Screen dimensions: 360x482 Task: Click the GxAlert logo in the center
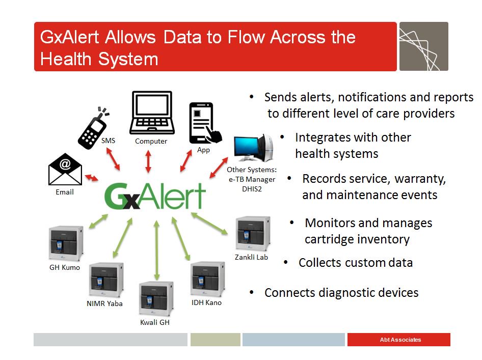tap(155, 196)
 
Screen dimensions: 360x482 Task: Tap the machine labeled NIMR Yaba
tap(105, 281)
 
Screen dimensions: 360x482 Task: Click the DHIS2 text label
tap(251, 188)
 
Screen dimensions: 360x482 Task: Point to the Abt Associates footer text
tap(400, 340)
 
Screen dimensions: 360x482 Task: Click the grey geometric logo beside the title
tap(423, 46)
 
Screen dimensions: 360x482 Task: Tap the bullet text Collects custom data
tap(355, 263)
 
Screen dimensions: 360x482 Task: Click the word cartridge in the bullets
tap(329, 239)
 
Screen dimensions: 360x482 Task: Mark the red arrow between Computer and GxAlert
tap(148, 161)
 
